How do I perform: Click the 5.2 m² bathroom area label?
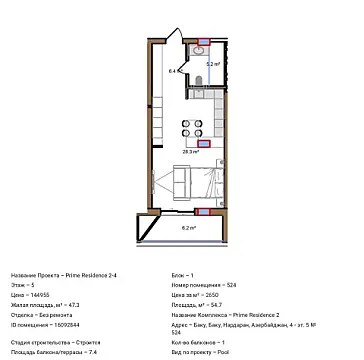212,63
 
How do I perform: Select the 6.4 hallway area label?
172,72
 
